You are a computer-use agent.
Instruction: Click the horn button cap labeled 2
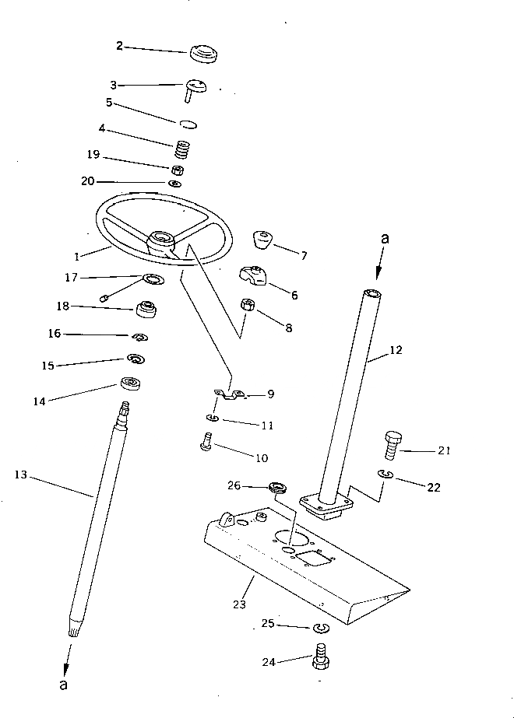click(x=204, y=54)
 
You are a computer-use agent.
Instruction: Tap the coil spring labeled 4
click(x=182, y=147)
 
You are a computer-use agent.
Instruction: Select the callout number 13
click(x=22, y=474)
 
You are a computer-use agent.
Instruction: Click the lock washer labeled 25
click(x=319, y=627)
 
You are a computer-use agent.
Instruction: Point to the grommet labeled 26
click(x=277, y=489)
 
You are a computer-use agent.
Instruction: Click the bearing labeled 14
click(x=129, y=384)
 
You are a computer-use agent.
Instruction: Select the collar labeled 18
click(x=148, y=309)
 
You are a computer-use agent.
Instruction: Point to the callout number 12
click(x=396, y=351)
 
